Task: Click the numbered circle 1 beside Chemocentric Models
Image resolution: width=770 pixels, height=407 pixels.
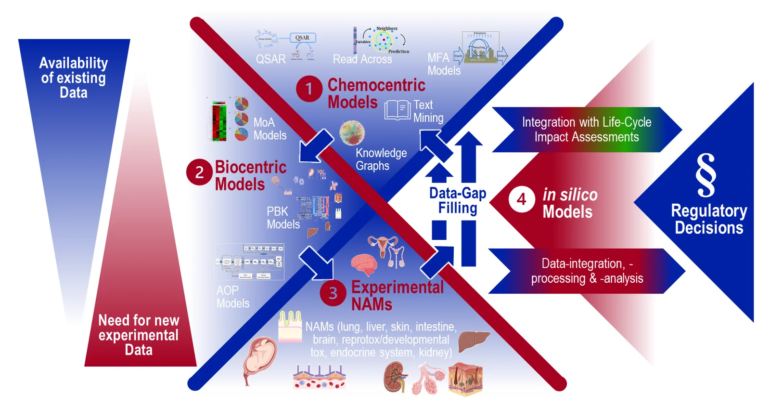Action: coord(309,89)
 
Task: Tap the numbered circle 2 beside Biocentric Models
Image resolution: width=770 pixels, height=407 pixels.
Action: coord(199,172)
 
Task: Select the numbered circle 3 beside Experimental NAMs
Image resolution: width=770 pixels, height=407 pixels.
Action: coord(333,293)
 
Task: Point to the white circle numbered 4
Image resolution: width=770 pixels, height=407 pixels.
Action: coord(522,199)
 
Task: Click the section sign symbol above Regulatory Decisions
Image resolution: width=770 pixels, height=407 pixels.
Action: coord(706,175)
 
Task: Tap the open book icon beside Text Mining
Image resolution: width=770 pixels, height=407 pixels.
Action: coord(398,110)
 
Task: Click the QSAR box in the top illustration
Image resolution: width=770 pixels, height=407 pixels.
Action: coord(303,38)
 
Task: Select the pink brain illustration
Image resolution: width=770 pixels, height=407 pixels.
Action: coord(363,264)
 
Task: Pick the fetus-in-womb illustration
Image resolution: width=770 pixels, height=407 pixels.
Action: coord(260,359)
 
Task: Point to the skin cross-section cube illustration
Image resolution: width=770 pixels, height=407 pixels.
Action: coord(465,379)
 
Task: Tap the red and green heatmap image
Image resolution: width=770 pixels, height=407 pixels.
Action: coord(219,121)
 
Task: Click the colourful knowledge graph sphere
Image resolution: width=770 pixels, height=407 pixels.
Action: coord(352,132)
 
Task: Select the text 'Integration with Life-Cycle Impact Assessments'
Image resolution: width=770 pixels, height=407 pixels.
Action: coord(586,130)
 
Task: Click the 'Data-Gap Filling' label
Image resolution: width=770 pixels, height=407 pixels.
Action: coord(458,200)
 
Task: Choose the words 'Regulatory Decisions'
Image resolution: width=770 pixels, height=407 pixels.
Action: coord(709,219)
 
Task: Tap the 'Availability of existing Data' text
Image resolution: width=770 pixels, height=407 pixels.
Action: coord(74,78)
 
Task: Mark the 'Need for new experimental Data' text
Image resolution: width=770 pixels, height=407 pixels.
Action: coord(139,335)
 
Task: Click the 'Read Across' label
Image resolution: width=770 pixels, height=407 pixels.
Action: coord(362,59)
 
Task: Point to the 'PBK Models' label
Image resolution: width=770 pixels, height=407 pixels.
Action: coord(283,218)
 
